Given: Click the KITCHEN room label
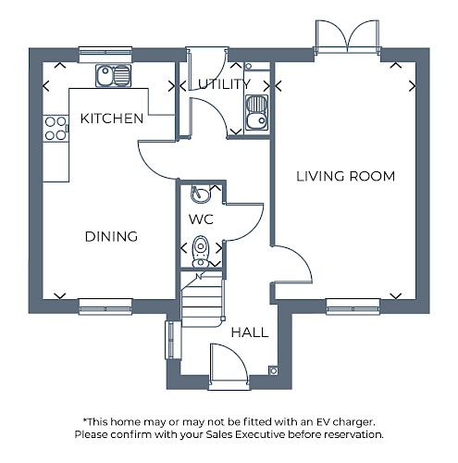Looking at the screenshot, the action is (112, 119).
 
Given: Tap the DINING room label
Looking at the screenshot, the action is (111, 237).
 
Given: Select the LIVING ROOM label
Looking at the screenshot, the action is (346, 176).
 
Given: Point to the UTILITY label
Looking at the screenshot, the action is (224, 84).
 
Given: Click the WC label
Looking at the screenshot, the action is (201, 219).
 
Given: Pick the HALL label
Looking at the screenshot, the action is (250, 332).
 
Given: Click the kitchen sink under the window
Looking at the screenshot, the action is (113, 75).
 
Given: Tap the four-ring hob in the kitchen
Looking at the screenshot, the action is (56, 129).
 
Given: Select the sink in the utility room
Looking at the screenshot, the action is (256, 112).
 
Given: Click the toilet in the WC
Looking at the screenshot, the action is (201, 252).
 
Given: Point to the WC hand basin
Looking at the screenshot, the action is (201, 194).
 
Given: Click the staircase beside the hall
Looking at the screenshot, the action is (203, 300).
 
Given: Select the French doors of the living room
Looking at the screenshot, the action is (347, 37).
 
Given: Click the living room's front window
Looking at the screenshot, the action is (353, 307).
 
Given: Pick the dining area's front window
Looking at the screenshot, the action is (105, 307).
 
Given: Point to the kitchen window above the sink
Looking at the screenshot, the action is (105, 55).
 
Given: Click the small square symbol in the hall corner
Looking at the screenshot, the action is (273, 370).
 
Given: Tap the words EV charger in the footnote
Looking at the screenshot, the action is (345, 421).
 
